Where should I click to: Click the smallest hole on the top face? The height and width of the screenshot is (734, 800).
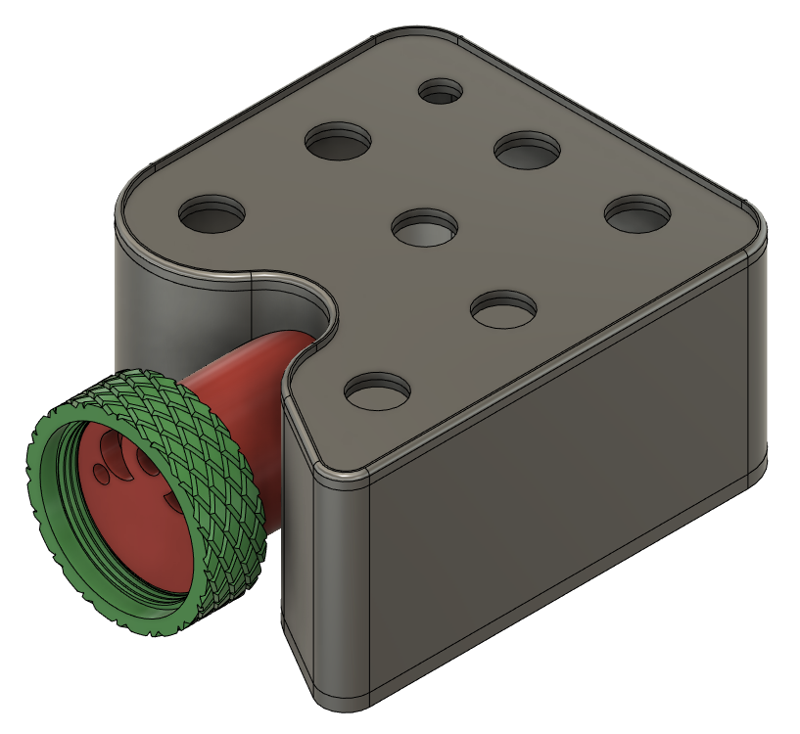point(441,91)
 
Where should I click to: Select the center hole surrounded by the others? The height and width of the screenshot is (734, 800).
point(425,227)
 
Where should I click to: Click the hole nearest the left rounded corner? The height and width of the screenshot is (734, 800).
point(211,212)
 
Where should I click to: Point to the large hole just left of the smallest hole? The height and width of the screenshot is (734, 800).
point(339,142)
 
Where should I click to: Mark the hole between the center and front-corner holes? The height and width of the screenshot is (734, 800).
point(504,309)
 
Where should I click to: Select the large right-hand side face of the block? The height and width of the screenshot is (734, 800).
point(568,460)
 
